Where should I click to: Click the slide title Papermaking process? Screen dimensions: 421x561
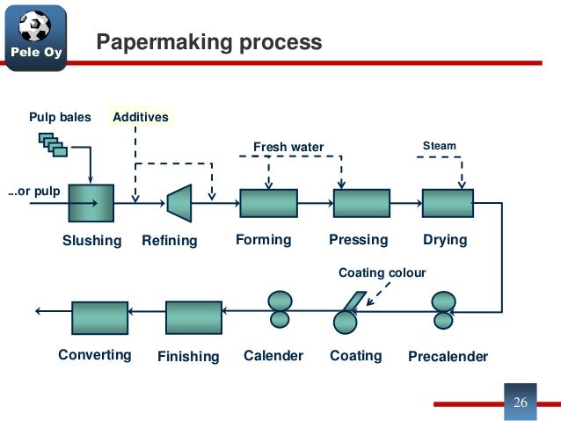coord(208,42)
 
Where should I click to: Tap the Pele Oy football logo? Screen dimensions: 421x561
coord(34,36)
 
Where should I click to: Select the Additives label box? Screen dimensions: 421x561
coord(139,117)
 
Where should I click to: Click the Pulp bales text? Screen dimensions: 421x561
coord(60,117)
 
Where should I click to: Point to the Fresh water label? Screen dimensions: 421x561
coord(288,147)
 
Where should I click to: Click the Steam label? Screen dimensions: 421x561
coord(440,145)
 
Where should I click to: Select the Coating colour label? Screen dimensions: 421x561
coord(382,273)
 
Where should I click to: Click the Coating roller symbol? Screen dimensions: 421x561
coord(347,316)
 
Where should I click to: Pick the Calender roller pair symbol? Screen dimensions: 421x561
coord(280,309)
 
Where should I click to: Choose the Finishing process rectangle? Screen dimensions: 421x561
coord(193,317)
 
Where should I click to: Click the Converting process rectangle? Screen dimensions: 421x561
coord(99,317)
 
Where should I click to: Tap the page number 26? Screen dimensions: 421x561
coord(520,403)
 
